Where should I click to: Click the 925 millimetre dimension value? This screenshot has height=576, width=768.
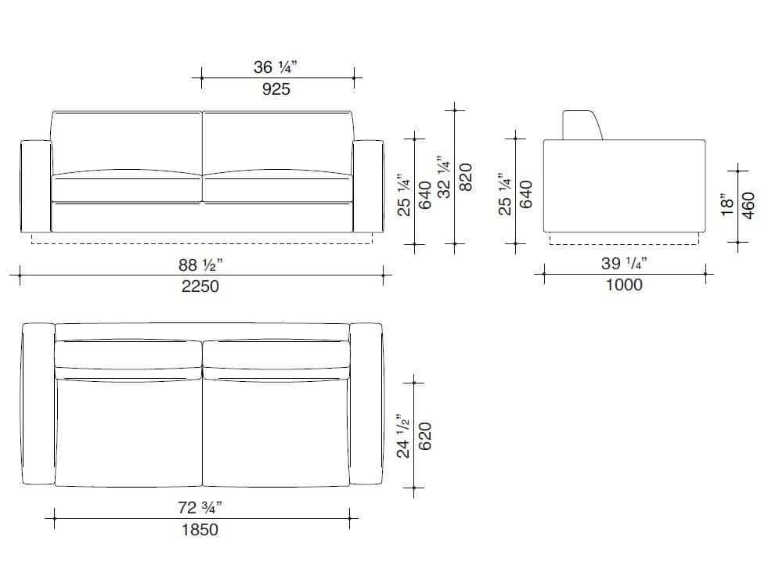pos(276,89)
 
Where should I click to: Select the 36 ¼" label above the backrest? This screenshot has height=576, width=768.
pos(276,67)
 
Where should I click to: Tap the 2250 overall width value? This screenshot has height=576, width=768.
pos(200,286)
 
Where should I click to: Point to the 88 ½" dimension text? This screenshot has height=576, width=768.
pos(200,265)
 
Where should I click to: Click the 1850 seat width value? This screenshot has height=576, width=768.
pos(200,530)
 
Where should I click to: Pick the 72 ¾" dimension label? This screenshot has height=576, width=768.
pos(200,508)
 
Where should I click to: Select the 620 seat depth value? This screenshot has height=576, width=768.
pos(425,436)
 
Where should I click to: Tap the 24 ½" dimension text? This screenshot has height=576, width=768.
pos(403,436)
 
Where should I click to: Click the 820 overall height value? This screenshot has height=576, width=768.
pos(465,178)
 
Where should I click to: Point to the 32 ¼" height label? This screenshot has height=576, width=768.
pos(444,178)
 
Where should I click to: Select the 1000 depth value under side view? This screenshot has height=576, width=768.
pos(624,285)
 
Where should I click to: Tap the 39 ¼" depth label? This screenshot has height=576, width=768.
pos(624,264)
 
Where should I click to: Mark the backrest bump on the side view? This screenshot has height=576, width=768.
pos(582,125)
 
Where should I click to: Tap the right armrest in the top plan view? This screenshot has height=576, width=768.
pos(366,404)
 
